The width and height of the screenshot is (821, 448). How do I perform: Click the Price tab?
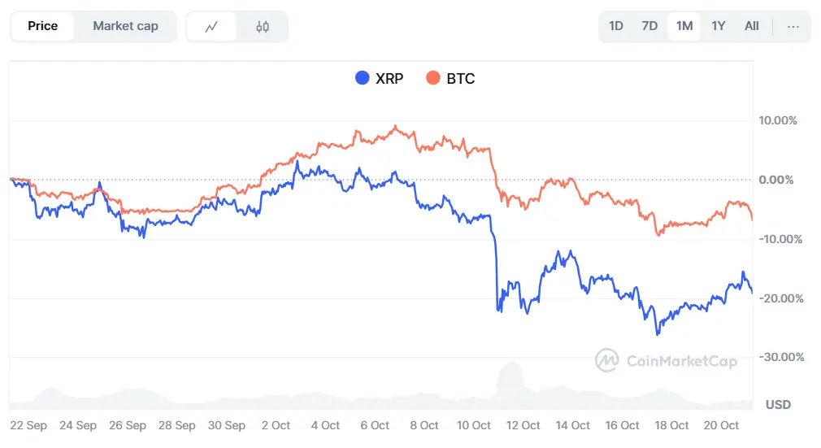click(x=42, y=26)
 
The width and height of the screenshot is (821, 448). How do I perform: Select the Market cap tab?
click(x=125, y=26)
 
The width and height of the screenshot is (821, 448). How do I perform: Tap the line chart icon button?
click(x=211, y=27)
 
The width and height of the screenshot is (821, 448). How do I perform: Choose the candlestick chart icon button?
click(x=262, y=27)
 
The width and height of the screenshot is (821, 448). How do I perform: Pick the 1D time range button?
click(x=616, y=26)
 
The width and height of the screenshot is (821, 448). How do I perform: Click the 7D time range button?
click(x=649, y=26)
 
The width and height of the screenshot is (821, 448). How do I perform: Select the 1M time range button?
click(x=684, y=26)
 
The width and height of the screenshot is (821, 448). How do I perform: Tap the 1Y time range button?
click(x=719, y=26)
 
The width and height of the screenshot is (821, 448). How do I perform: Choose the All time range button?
click(x=752, y=26)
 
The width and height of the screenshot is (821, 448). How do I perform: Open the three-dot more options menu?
click(x=793, y=26)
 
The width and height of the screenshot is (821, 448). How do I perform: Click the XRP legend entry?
click(x=380, y=79)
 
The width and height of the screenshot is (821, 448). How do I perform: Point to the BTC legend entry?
click(x=450, y=79)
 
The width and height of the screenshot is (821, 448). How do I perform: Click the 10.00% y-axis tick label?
click(x=778, y=120)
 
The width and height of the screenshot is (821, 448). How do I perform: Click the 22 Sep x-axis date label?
click(x=28, y=425)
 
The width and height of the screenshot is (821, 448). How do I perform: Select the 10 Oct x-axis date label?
click(x=475, y=425)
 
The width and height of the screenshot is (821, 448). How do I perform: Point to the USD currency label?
click(x=778, y=404)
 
